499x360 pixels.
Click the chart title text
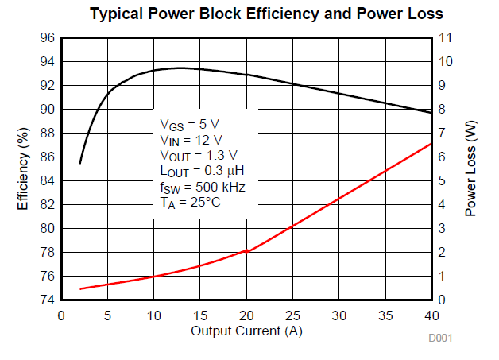pos(266,14)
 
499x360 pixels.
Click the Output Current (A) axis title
pos(246,330)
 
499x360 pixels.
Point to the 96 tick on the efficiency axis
pos(47,38)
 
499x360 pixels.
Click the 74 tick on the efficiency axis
pos(47,300)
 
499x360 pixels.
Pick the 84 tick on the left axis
pos(47,180)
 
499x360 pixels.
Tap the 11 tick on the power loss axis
pos(445,38)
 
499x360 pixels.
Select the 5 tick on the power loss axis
pos(442,180)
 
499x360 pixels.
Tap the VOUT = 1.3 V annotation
pos(198,156)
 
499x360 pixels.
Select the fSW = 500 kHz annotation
pos(202,188)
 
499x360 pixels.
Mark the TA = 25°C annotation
pos(190,203)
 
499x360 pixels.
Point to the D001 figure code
pos(440,339)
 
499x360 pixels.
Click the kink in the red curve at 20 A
pos(248,250)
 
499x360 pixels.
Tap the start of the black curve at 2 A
pos(80,163)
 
